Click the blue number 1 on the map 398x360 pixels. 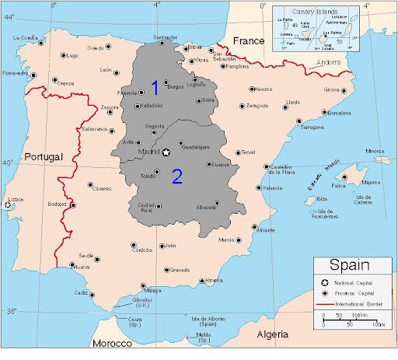(155, 87)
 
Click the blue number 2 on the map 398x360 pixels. (177, 177)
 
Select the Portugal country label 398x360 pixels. (43, 157)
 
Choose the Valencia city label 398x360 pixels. (272, 188)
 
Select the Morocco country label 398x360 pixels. (111, 343)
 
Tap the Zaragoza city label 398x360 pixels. (257, 105)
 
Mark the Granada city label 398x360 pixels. (180, 270)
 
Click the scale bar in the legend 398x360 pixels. (350, 318)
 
